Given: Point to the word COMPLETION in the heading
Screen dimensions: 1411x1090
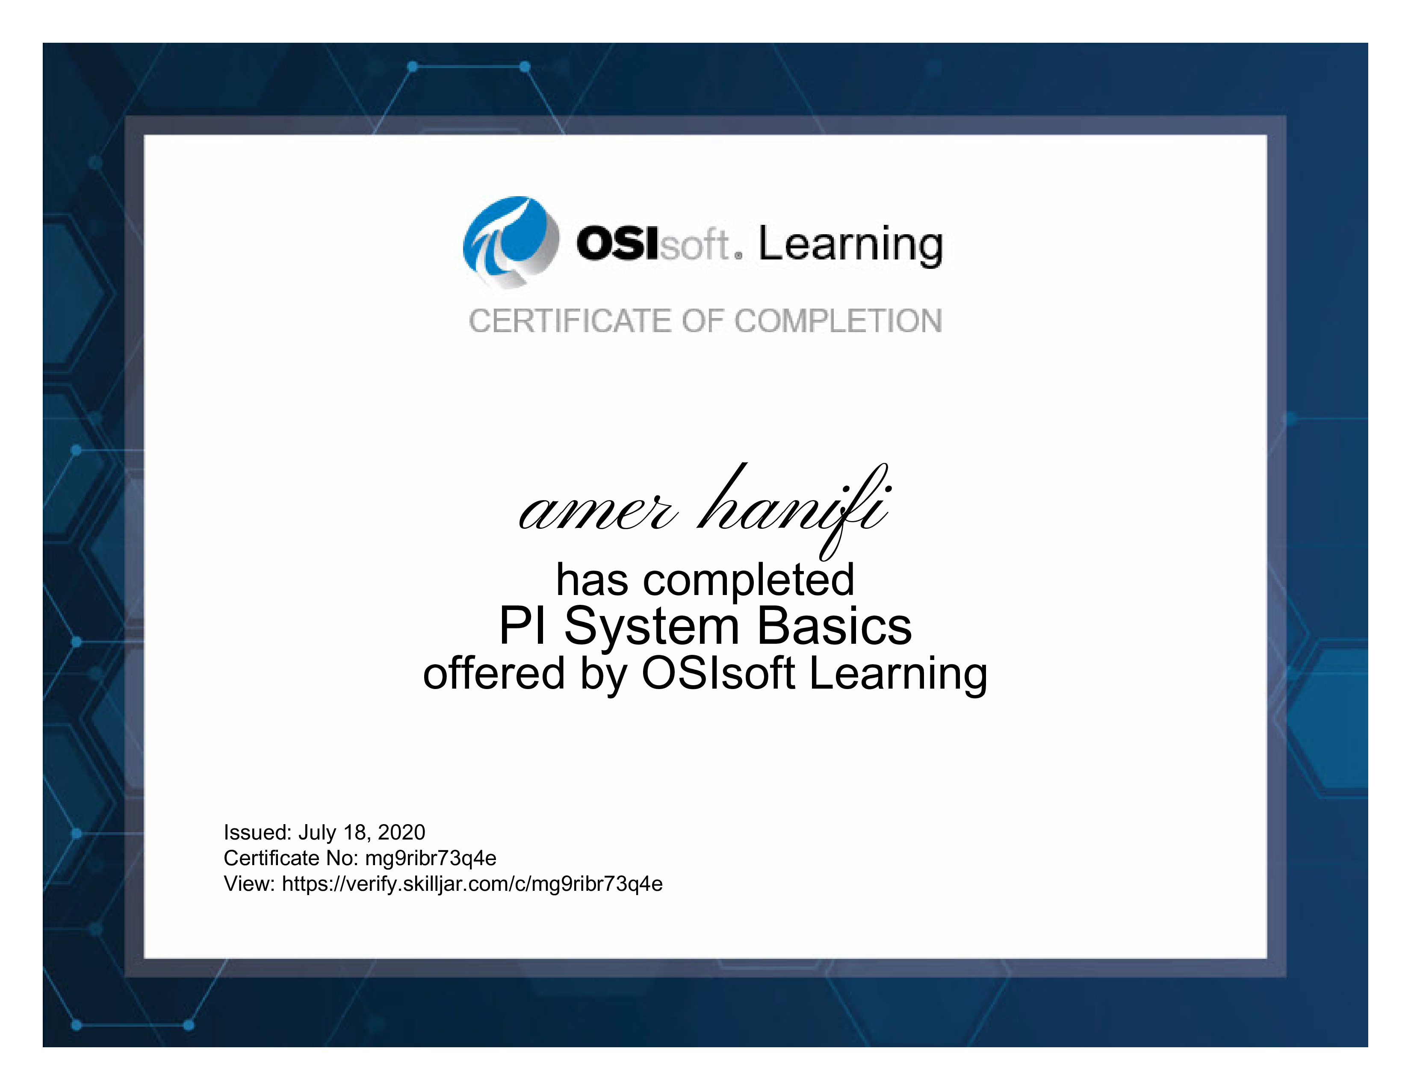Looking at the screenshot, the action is (x=838, y=321).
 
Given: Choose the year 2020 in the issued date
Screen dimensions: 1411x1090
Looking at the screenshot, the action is (x=401, y=832).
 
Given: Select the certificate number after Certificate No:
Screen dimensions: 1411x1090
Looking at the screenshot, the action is (x=431, y=859).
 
